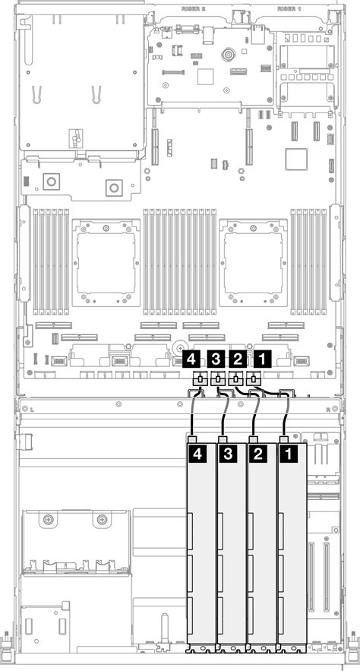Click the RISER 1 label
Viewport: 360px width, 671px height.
point(288,9)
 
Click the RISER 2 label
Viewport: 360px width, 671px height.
point(194,9)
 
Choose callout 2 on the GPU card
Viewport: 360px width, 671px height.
point(259,454)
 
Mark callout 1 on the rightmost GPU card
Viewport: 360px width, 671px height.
point(289,454)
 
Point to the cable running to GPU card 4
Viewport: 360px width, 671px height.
point(194,414)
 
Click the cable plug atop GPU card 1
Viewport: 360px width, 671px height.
point(284,439)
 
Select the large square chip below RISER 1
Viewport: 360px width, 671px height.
point(295,159)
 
